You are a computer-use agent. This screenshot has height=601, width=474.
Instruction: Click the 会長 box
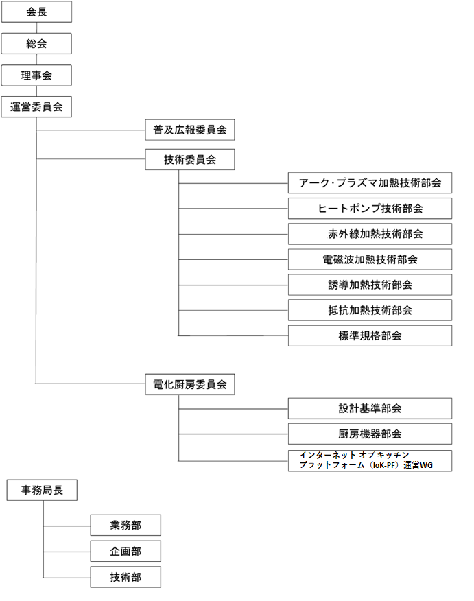click(x=36, y=12)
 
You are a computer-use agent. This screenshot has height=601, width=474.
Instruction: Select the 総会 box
click(x=36, y=44)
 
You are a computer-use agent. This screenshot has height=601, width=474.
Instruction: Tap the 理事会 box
click(x=36, y=75)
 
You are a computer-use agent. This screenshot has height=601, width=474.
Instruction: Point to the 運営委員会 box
click(x=36, y=107)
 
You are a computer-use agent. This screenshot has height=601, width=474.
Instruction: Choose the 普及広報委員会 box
click(x=190, y=130)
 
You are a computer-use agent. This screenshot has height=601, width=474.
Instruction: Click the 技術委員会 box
click(x=190, y=159)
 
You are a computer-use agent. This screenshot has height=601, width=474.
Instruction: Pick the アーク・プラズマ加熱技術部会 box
click(x=370, y=182)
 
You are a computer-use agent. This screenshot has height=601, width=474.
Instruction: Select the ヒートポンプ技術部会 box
click(x=370, y=209)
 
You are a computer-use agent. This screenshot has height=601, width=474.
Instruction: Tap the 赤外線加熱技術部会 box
click(x=370, y=234)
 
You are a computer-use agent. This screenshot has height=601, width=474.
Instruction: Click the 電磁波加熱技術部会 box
click(x=370, y=259)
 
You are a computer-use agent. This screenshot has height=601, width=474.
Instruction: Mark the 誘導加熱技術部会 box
click(x=370, y=285)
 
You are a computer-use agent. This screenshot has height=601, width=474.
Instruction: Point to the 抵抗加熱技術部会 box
click(x=370, y=310)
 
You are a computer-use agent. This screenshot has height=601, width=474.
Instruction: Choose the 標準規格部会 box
click(x=370, y=335)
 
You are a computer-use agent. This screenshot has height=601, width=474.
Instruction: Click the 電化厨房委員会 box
click(x=190, y=384)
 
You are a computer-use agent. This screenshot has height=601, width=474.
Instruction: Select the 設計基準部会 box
click(x=370, y=409)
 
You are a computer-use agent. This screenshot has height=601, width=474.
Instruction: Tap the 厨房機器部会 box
click(x=370, y=434)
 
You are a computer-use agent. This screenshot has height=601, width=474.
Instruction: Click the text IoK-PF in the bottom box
click(x=384, y=465)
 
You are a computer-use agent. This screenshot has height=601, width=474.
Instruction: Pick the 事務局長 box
click(x=42, y=491)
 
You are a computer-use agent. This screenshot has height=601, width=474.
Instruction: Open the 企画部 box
click(x=126, y=551)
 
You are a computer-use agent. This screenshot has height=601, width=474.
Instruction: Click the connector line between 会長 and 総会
click(x=36, y=27)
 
